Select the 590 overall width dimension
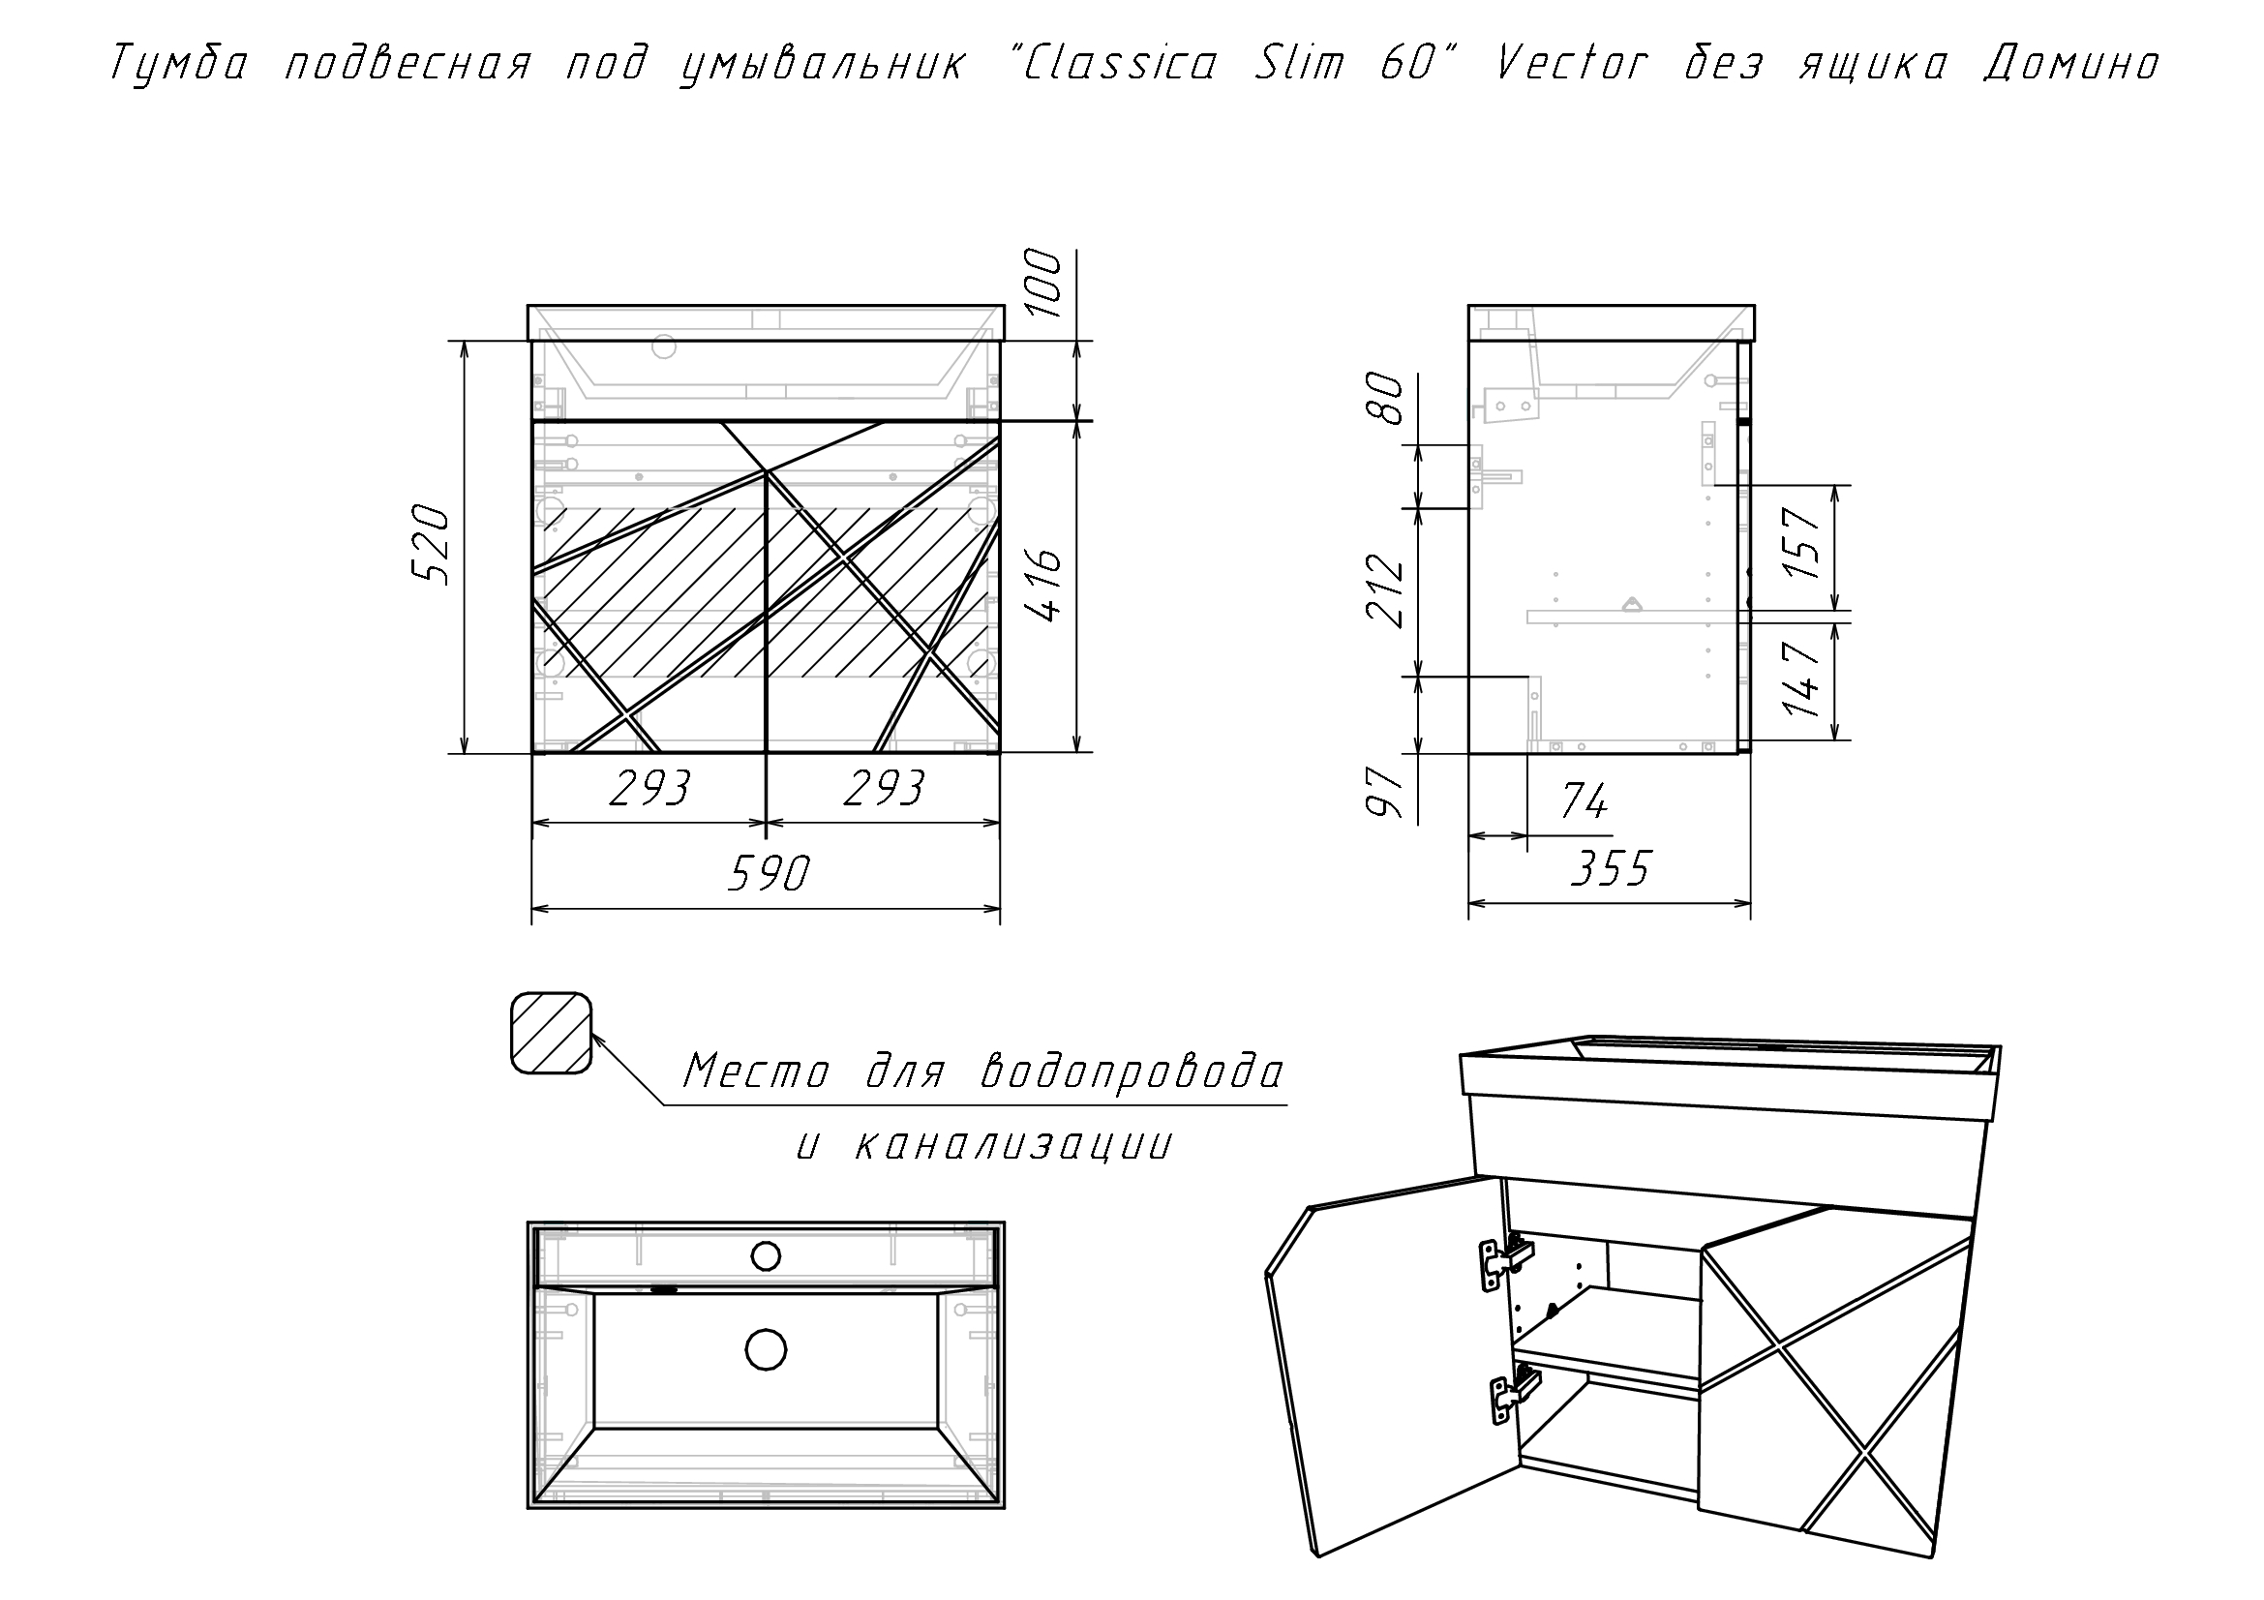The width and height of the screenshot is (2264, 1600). (x=768, y=873)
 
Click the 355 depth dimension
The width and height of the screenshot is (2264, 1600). (x=1610, y=869)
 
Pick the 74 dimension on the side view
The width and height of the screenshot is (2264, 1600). (x=1584, y=801)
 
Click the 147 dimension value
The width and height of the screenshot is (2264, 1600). (x=1801, y=680)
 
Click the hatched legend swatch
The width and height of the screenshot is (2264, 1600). (x=551, y=1033)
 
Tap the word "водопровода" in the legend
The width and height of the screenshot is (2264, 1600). (x=1133, y=1072)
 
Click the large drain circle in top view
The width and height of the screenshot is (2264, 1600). (x=767, y=1349)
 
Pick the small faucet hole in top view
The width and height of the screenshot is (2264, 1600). (x=766, y=1256)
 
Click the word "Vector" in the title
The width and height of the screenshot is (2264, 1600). (x=1572, y=64)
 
